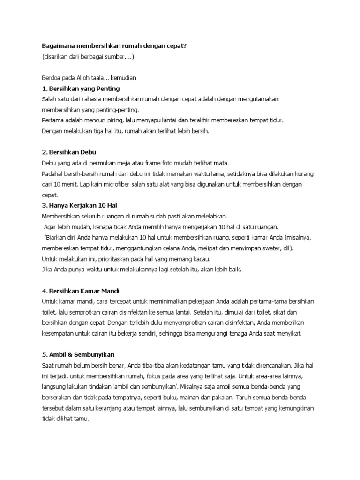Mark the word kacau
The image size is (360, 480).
201,259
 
